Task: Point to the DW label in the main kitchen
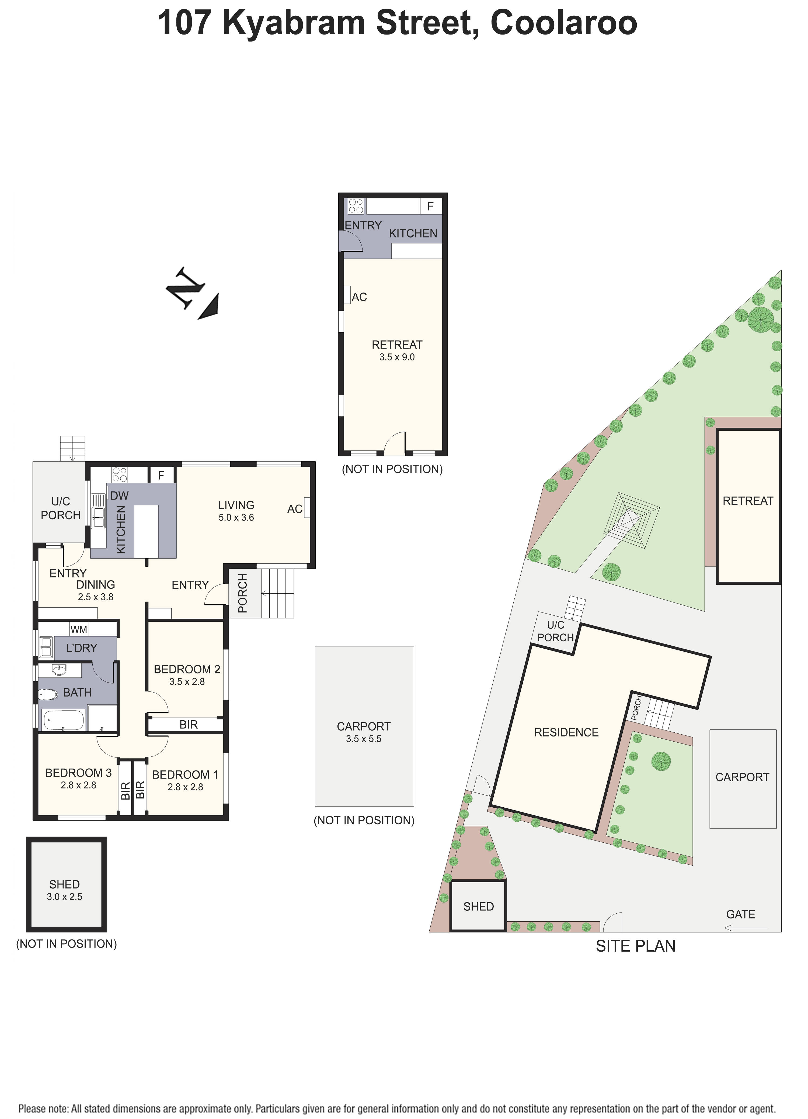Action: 119,495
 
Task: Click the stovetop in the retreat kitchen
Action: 356,206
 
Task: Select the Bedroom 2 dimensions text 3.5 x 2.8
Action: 187,681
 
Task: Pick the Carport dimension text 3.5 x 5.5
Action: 364,739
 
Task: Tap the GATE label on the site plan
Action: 740,914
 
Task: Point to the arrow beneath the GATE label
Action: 746,928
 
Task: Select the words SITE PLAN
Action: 635,946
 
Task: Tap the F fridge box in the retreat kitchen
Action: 430,206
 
